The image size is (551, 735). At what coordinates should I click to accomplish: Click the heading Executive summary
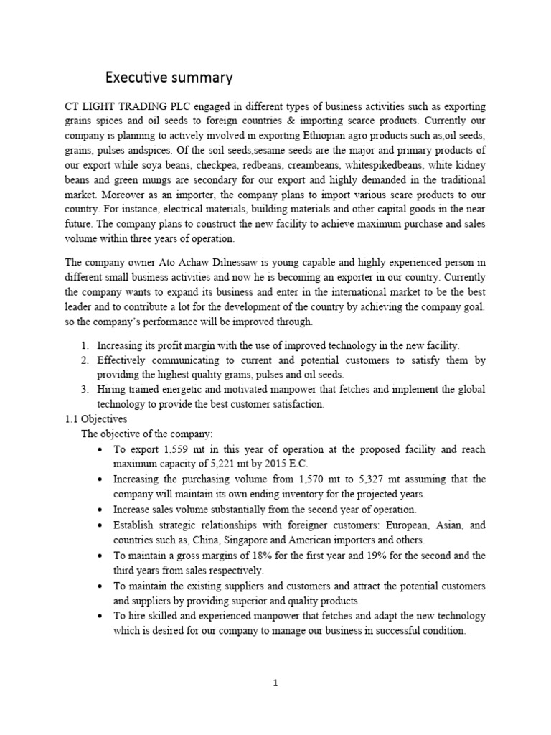point(169,76)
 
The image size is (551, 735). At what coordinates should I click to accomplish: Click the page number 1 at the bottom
point(275,683)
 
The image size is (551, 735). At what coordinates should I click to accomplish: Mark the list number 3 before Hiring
point(84,389)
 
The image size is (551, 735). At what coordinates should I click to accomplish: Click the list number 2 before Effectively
point(84,360)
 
